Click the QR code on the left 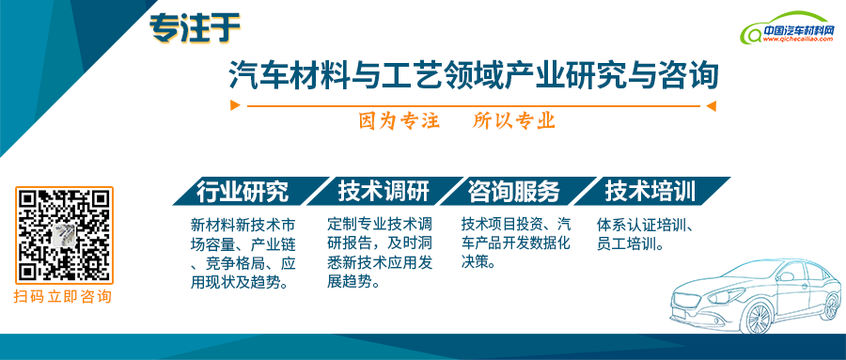[64, 235]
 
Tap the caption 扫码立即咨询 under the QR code [63, 297]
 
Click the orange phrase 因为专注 [399, 121]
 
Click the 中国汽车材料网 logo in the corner [789, 32]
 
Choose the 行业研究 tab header [242, 192]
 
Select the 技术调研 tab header [383, 192]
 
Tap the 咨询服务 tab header [513, 192]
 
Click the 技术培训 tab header [650, 192]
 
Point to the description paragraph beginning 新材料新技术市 [243, 254]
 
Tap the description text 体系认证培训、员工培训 [645, 235]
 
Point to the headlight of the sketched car [693, 300]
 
